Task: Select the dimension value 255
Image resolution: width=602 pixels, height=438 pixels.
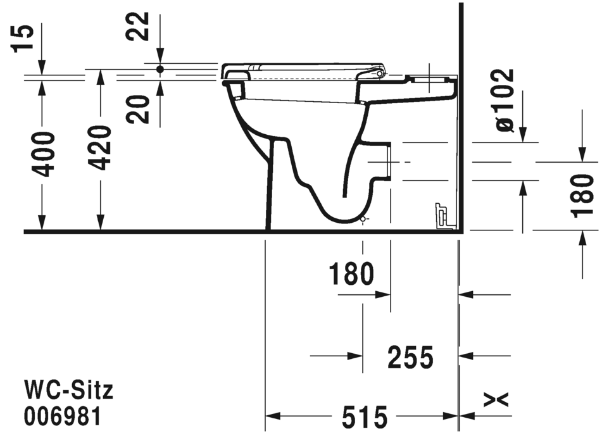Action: point(410,358)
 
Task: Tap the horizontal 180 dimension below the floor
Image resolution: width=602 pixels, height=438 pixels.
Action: point(351,274)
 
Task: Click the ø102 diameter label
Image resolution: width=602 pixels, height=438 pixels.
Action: point(506,100)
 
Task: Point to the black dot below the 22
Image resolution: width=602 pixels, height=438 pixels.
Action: point(160,68)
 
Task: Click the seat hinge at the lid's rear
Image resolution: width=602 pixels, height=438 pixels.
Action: point(380,74)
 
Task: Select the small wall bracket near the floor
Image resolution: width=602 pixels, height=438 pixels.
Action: point(441,215)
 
